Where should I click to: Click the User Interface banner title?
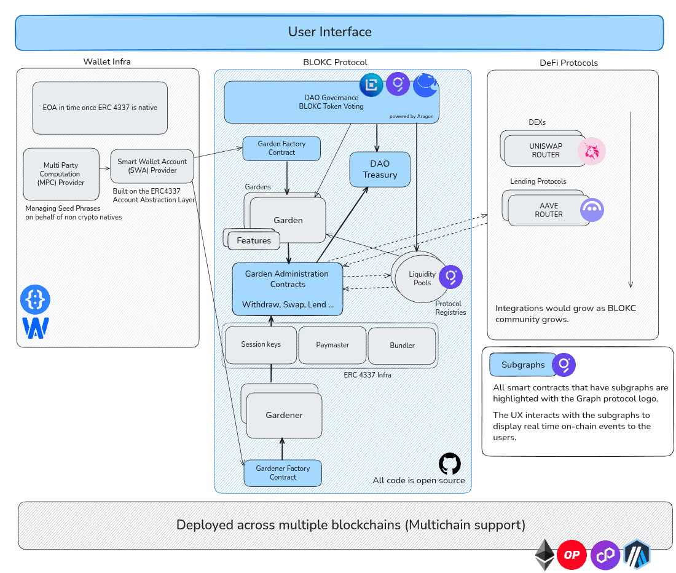click(x=329, y=32)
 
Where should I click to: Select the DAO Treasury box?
click(x=380, y=169)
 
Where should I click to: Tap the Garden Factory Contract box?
click(x=281, y=148)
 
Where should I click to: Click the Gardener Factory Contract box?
click(x=283, y=473)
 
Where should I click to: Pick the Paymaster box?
click(x=332, y=345)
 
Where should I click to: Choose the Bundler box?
click(x=402, y=346)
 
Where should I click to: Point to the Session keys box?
click(x=261, y=344)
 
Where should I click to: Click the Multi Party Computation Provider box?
click(x=60, y=174)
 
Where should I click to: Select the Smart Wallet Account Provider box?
click(x=152, y=166)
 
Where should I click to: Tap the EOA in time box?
click(x=100, y=108)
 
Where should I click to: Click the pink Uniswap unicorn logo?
click(x=592, y=151)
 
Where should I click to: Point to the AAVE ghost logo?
click(x=592, y=210)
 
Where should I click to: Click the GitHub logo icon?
click(x=449, y=464)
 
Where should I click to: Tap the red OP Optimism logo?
click(x=572, y=555)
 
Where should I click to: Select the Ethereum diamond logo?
click(x=544, y=555)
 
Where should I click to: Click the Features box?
click(x=254, y=240)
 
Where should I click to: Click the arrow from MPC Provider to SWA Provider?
click(x=104, y=167)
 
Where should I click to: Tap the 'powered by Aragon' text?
click(x=411, y=116)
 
